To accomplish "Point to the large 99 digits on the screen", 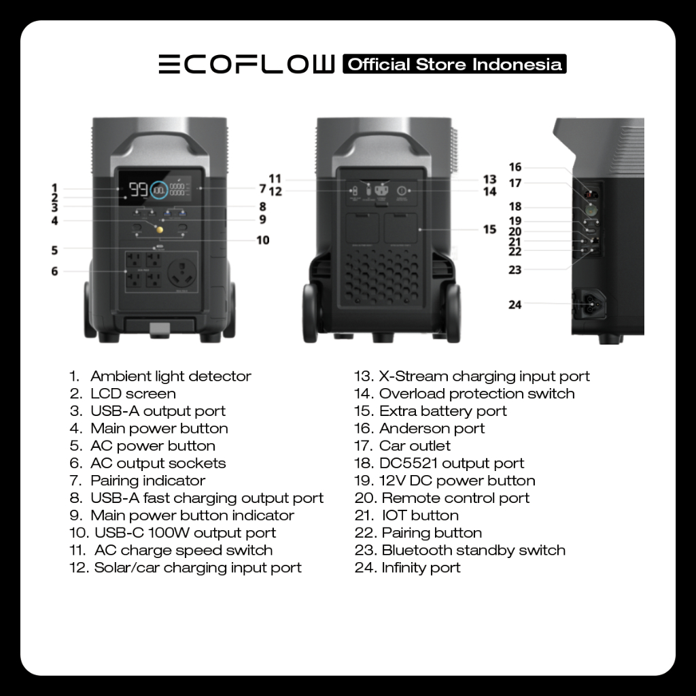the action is [139, 190].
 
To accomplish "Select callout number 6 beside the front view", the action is [54, 271].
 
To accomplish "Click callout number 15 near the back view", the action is [489, 229].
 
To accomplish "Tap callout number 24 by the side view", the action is [515, 304].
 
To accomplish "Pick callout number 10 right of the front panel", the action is [262, 240].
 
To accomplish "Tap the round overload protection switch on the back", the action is [401, 192].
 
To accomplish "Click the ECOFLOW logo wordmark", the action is [246, 65].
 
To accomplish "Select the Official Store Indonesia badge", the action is [454, 65].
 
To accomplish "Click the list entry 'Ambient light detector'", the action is [170, 376].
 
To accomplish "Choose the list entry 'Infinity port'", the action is [421, 568].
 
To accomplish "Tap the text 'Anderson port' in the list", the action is [432, 428].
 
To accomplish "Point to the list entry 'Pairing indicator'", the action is [147, 481].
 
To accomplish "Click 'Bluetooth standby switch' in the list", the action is [473, 550].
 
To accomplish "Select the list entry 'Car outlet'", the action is [415, 446].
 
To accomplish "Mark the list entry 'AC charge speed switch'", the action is [183, 550].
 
